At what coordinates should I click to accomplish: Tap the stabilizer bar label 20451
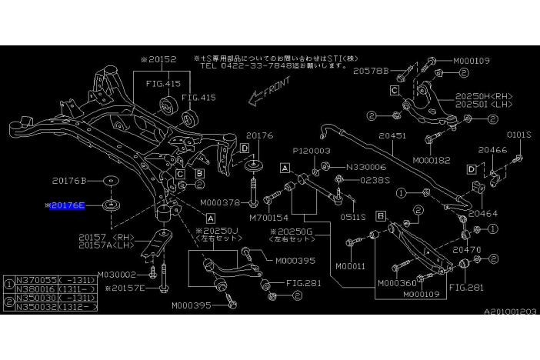392,136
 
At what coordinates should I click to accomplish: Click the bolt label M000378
218,203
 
